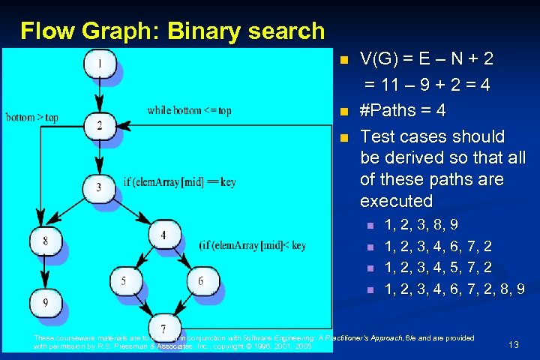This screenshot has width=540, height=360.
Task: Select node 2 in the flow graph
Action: [x=99, y=124]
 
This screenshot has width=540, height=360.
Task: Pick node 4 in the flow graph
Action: [x=163, y=235]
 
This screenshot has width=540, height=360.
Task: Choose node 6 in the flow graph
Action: [x=200, y=281]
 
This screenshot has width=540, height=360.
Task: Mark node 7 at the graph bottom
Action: [x=163, y=328]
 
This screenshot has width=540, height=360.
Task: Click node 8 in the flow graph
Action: [x=45, y=240]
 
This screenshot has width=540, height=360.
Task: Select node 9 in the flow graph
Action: [x=45, y=302]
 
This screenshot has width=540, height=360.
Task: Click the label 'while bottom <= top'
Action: [x=189, y=110]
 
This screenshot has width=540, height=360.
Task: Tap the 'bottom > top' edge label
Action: [x=31, y=118]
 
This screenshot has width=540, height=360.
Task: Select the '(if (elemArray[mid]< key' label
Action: [x=252, y=244]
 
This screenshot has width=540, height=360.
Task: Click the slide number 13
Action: [x=514, y=344]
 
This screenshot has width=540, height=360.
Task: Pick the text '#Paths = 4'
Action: [x=403, y=111]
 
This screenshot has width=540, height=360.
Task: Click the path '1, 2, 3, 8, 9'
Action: [x=421, y=223]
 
